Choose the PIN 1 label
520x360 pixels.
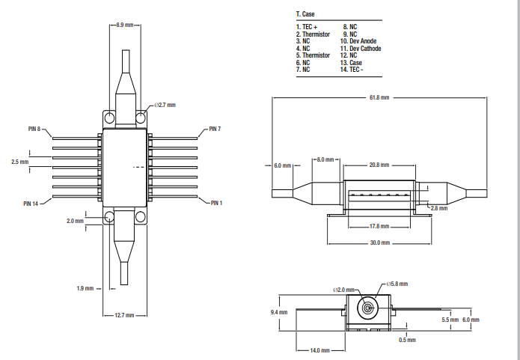tap(217, 203)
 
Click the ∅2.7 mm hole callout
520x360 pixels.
tap(166, 105)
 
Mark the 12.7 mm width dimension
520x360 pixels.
tap(124, 316)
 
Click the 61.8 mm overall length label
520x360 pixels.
tap(379, 97)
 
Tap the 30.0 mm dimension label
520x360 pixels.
tap(379, 242)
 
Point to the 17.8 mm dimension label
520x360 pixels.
tap(379, 226)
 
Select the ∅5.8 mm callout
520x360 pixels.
tap(397, 284)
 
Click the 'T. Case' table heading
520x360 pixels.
tap(307, 14)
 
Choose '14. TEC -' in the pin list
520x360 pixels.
tap(355, 70)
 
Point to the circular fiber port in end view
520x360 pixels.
tap(368, 308)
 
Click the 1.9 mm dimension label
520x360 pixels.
tap(85, 288)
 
